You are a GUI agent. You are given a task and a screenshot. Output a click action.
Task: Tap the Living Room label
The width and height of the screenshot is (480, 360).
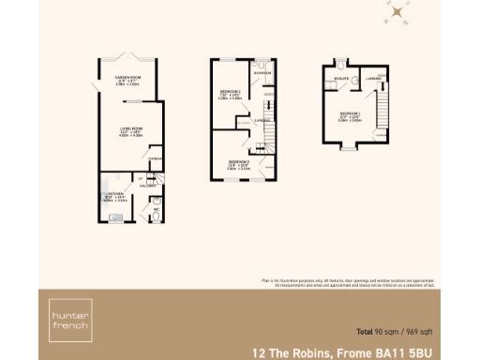click(x=125, y=129)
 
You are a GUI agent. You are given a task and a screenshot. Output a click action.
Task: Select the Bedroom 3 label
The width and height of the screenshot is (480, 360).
click(x=231, y=92)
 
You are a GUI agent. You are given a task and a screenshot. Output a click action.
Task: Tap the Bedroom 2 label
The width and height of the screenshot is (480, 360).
click(x=238, y=161)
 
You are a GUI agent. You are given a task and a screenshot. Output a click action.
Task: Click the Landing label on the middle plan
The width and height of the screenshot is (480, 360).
click(x=262, y=120)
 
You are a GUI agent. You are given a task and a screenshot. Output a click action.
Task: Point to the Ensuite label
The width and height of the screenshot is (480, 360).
click(x=343, y=79)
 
